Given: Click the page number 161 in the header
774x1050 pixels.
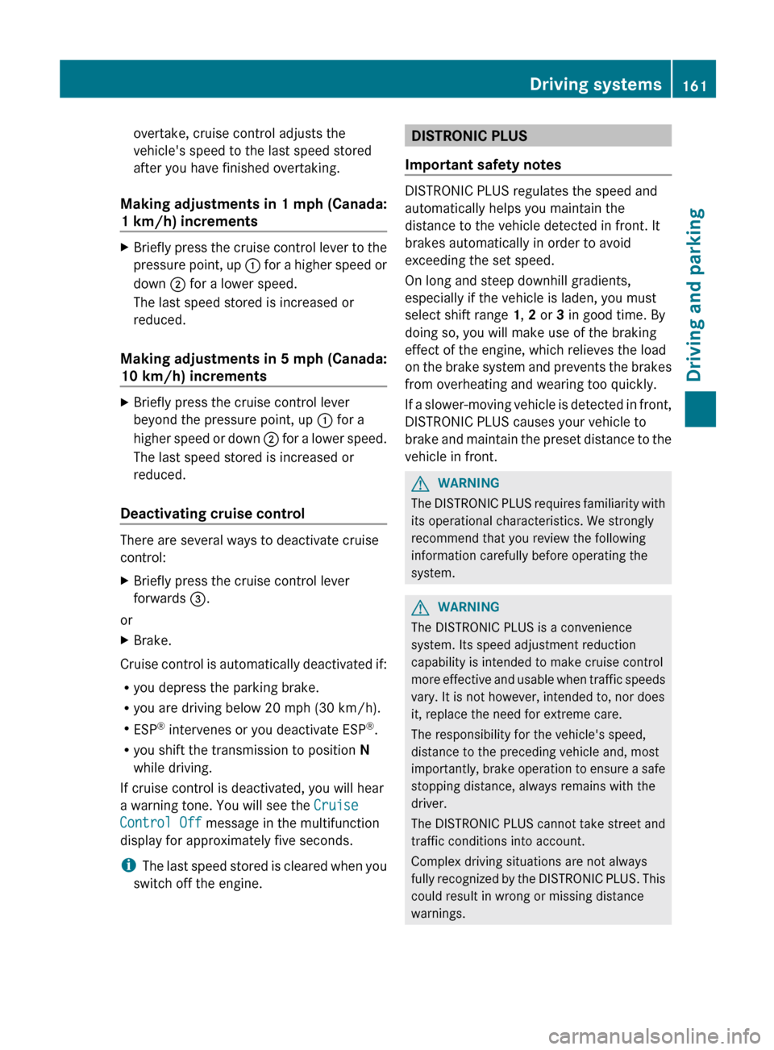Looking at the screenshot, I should pyautogui.click(x=694, y=85).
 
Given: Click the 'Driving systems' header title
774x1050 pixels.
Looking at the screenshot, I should pyautogui.click(x=595, y=84).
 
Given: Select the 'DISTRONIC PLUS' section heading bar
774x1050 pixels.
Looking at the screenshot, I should pyautogui.click(x=538, y=135).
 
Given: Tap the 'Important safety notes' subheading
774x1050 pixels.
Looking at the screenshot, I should pyautogui.click(x=483, y=165).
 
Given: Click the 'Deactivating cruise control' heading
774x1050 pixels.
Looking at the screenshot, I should pyautogui.click(x=212, y=514).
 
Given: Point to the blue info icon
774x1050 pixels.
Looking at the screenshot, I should pyautogui.click(x=128, y=865).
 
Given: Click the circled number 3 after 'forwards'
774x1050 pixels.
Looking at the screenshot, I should pyautogui.click(x=198, y=598).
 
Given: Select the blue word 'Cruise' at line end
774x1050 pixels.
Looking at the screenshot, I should pyautogui.click(x=336, y=805).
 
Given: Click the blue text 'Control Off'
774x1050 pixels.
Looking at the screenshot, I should pyautogui.click(x=160, y=823).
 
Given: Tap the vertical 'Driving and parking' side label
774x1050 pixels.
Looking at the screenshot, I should pyautogui.click(x=696, y=294).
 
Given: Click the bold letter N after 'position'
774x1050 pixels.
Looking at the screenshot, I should pyautogui.click(x=364, y=750).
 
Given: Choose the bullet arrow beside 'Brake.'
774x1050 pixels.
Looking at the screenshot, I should pyautogui.click(x=124, y=640).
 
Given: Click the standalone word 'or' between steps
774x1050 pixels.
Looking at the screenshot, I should pyautogui.click(x=127, y=620).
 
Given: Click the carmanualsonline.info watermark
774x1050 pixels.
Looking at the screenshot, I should pyautogui.click(x=654, y=1035).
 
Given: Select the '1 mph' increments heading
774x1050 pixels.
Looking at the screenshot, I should pyautogui.click(x=253, y=212).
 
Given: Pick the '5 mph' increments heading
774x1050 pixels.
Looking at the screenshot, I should pyautogui.click(x=253, y=367).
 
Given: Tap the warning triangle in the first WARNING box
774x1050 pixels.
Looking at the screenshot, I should pyautogui.click(x=420, y=484).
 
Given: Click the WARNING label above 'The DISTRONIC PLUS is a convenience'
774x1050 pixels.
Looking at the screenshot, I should pyautogui.click(x=468, y=607).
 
